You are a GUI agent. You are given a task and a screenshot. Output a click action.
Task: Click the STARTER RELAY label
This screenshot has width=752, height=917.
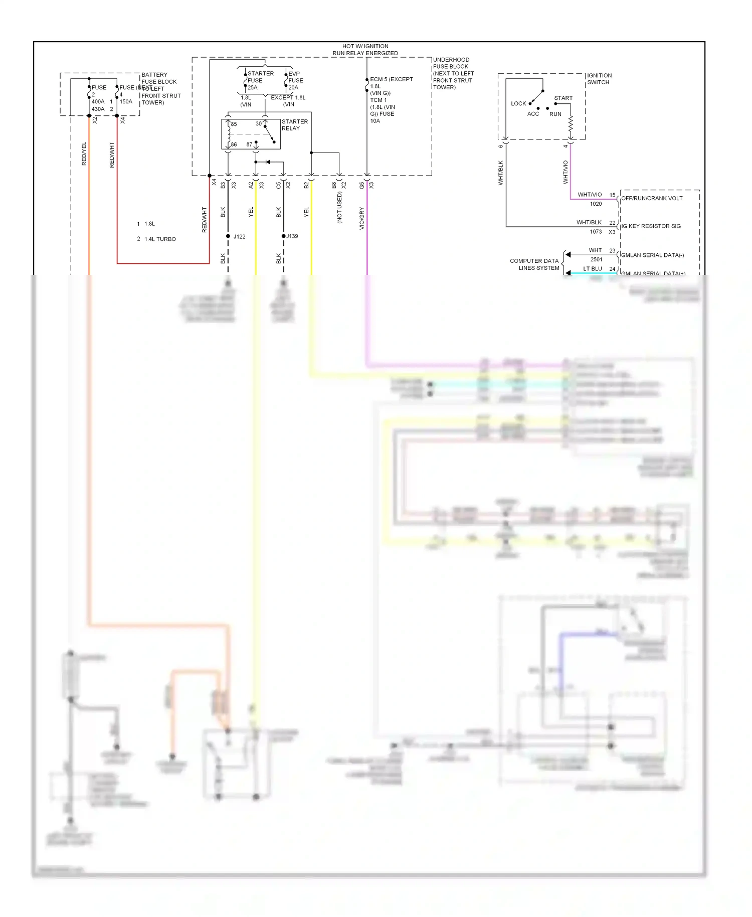point(294,125)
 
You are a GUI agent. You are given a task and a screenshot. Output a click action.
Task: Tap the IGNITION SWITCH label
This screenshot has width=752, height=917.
point(599,79)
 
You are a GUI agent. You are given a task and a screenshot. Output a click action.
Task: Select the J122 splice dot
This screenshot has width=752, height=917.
point(228,236)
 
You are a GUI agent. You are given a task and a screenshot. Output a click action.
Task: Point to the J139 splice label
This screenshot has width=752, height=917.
point(292,236)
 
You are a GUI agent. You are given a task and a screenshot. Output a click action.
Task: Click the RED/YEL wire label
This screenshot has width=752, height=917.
point(84,154)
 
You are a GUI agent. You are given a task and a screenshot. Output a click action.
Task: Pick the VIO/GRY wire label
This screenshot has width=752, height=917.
point(362,219)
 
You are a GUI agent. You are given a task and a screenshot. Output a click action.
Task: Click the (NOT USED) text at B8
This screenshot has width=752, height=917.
point(339,207)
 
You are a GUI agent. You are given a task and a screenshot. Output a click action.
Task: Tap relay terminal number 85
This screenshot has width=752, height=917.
point(234,124)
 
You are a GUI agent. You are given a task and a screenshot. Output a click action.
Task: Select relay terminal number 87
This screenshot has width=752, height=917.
point(249,144)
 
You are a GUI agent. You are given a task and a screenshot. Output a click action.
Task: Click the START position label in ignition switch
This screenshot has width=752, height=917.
point(563,98)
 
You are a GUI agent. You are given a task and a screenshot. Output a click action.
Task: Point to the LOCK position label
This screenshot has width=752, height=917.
point(518,104)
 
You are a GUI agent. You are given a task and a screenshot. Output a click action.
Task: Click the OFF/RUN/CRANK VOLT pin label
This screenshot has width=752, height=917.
point(652,198)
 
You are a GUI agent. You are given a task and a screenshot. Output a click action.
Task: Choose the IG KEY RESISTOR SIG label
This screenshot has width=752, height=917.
point(651,226)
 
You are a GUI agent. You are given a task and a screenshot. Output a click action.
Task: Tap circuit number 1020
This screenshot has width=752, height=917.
point(596,204)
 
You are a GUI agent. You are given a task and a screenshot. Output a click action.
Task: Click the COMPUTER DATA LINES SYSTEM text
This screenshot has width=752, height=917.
point(534,264)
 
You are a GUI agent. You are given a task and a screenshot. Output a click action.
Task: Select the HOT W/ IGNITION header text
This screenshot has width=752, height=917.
point(365,46)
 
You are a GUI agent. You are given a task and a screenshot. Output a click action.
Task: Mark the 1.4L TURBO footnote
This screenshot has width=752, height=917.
point(160,239)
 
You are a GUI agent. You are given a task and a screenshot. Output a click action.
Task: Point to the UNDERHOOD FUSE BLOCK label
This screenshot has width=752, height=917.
point(453,73)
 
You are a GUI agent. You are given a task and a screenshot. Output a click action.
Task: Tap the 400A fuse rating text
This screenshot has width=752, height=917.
point(98,102)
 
